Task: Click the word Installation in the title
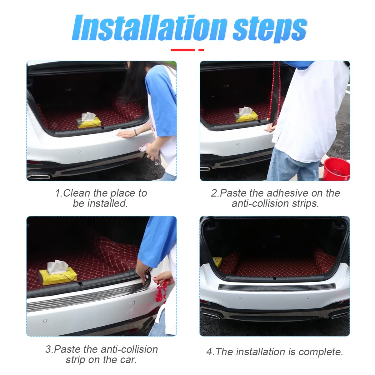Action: pyautogui.click(x=149, y=27)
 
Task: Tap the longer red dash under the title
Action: pyautogui.click(x=183, y=50)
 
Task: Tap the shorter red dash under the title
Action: pyautogui.click(x=201, y=50)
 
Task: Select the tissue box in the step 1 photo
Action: pyautogui.click(x=89, y=121)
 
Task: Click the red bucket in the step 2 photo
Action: pyautogui.click(x=336, y=169)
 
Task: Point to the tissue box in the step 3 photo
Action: pyautogui.click(x=57, y=273)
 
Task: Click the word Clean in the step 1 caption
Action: pyautogui.click(x=77, y=193)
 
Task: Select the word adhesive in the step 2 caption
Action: pyautogui.click(x=287, y=193)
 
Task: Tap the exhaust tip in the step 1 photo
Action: pyautogui.click(x=38, y=177)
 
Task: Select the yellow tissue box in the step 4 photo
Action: pyautogui.click(x=217, y=262)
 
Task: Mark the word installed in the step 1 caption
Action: pyautogui.click(x=107, y=203)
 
